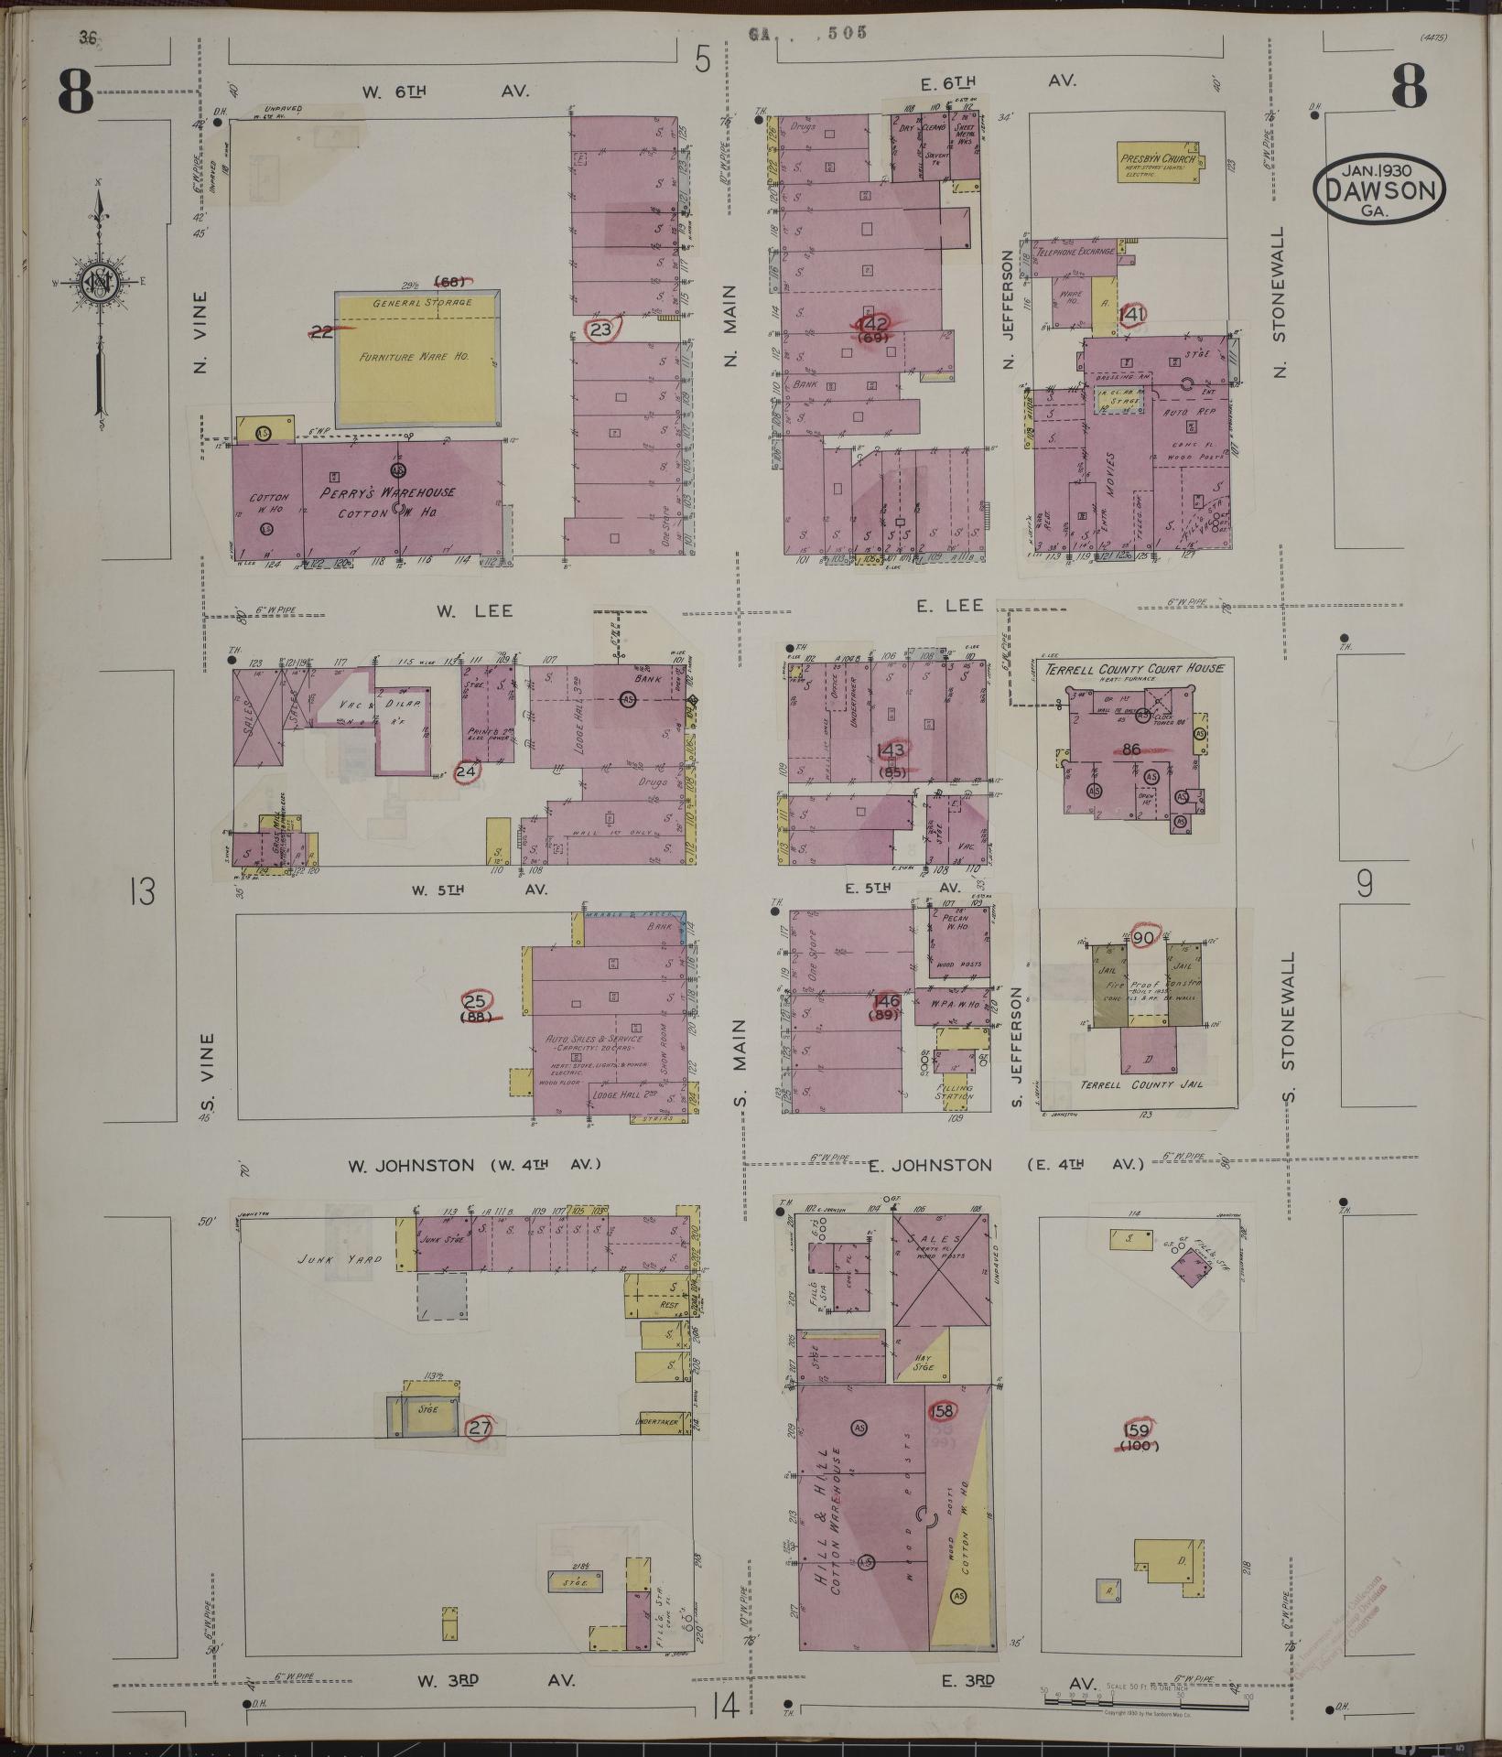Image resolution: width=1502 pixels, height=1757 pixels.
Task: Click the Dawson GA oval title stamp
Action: (1379, 189)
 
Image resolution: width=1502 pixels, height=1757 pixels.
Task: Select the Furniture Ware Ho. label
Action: (415, 357)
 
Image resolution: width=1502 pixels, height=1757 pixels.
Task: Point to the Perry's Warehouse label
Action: (387, 492)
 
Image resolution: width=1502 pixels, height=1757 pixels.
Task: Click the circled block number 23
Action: (600, 330)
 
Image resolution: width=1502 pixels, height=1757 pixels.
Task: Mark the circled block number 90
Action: (1143, 938)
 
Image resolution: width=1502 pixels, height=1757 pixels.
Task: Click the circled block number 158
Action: (943, 1411)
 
